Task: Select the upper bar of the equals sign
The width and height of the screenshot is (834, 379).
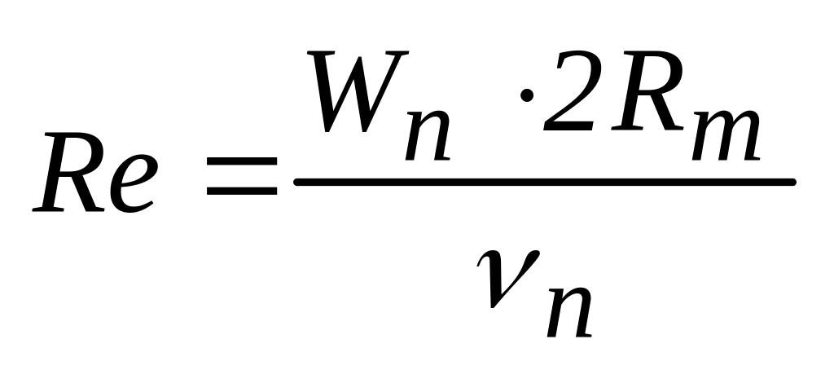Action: click(241, 167)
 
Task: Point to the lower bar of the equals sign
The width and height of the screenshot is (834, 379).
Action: click(241, 193)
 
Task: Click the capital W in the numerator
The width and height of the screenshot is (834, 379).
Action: click(367, 93)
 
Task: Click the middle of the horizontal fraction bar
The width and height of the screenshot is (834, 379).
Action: click(543, 182)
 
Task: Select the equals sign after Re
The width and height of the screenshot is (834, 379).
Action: click(241, 180)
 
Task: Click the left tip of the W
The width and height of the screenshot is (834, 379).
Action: click(313, 59)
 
